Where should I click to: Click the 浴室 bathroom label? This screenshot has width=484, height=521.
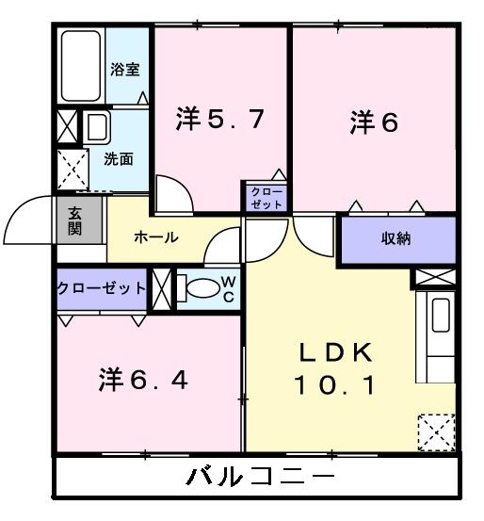click(x=124, y=68)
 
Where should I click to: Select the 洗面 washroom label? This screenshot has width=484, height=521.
click(x=119, y=158)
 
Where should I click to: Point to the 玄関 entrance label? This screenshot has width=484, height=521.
click(x=74, y=223)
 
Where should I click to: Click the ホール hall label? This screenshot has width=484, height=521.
click(x=155, y=237)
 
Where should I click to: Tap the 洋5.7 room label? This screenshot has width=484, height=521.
click(x=218, y=120)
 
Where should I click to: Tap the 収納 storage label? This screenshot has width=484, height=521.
click(x=396, y=238)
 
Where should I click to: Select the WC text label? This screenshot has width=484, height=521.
click(x=229, y=289)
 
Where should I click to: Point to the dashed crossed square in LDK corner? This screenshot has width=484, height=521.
click(x=437, y=432)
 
